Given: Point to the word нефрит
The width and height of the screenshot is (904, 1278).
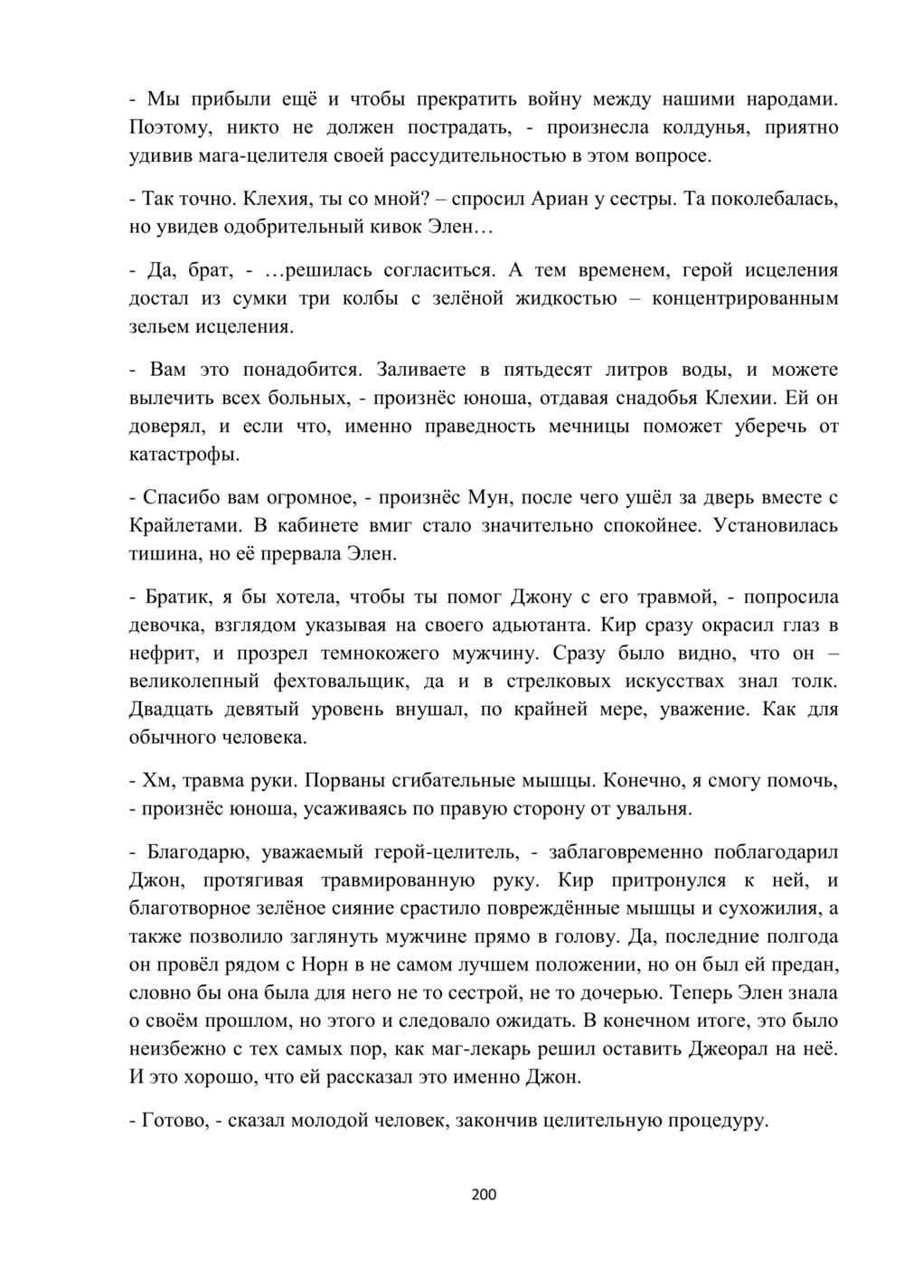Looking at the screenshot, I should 160,653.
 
